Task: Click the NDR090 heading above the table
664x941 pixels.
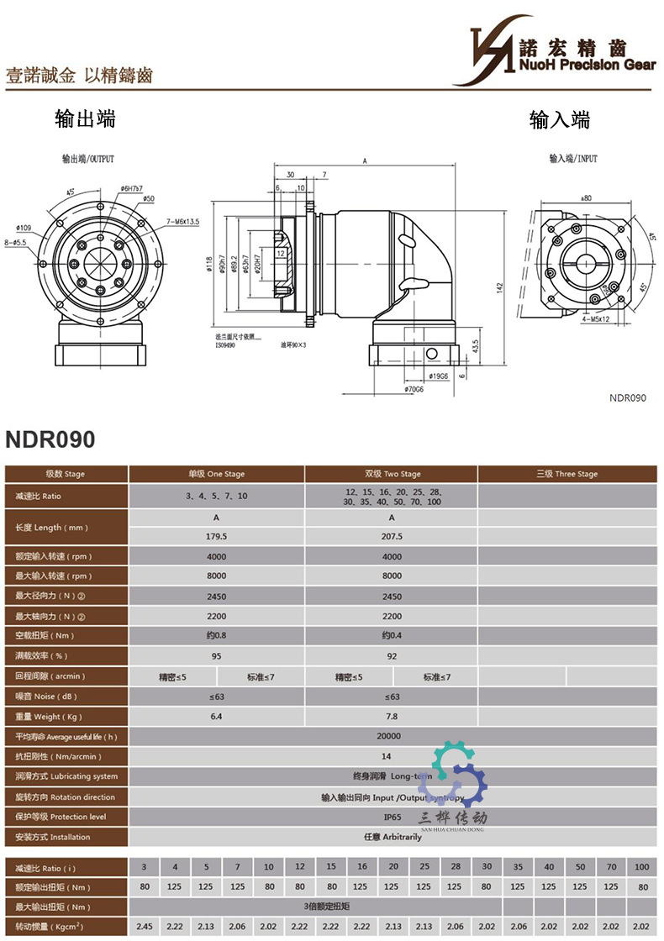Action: (x=50, y=439)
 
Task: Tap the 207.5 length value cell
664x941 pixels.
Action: (x=392, y=536)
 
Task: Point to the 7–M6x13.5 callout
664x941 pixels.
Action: (x=182, y=221)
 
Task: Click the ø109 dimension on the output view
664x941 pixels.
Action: (x=24, y=228)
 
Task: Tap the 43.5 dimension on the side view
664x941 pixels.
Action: (x=476, y=346)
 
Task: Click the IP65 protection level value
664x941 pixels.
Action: (x=392, y=817)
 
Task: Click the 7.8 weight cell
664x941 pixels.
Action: (x=392, y=717)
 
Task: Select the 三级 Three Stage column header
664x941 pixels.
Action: (x=567, y=474)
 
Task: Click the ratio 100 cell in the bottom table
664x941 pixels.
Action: (x=643, y=866)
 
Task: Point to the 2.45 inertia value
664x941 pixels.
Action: (x=144, y=926)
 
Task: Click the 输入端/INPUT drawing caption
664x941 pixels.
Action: (x=573, y=158)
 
